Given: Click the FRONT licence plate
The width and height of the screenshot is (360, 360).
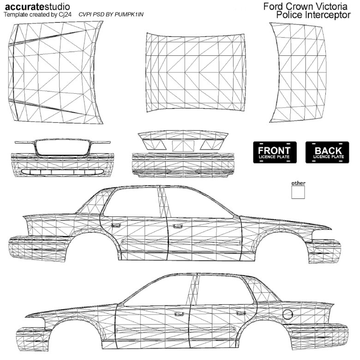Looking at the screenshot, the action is [275, 152].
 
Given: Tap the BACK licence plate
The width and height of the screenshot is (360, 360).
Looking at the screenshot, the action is [327, 152].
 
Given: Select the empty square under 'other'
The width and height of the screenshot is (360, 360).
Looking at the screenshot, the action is [298, 192].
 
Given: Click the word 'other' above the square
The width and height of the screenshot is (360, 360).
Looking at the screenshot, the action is [298, 183].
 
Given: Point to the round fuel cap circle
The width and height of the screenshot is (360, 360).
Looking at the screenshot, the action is [288, 314].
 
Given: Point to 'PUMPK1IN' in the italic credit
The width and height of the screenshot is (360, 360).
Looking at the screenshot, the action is [129, 14].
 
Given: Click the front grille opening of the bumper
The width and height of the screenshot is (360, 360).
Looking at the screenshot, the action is [62, 147].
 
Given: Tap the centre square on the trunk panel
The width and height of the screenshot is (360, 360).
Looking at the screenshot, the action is [183, 146].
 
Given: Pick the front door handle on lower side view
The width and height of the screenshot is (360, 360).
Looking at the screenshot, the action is [179, 314].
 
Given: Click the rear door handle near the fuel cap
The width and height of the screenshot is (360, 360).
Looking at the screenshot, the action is [241, 313].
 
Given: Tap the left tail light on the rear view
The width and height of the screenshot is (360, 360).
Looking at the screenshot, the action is [155, 144].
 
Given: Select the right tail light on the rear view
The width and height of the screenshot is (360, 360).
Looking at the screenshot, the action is [211, 144].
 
